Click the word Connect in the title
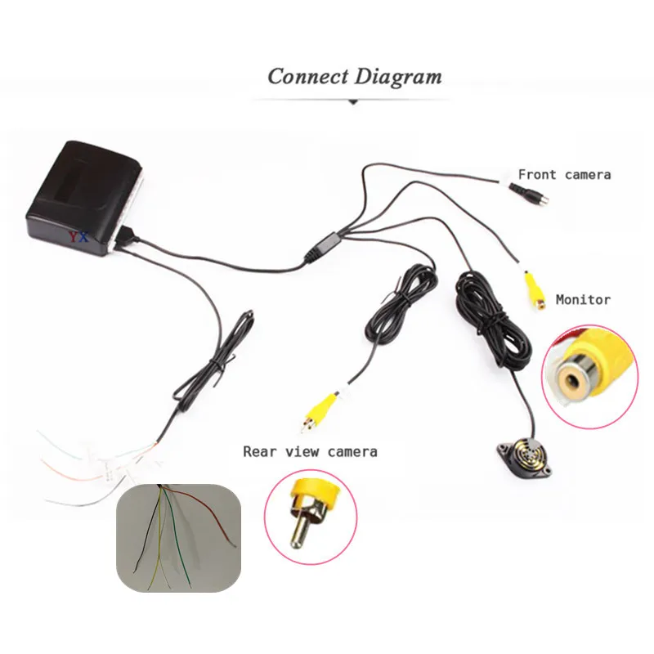pyautogui.click(x=307, y=77)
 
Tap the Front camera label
pyautogui.click(x=564, y=174)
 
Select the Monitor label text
pyautogui.click(x=583, y=299)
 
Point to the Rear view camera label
pyautogui.click(x=310, y=451)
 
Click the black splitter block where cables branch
pyautogui.click(x=325, y=245)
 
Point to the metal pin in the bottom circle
pyautogui.click(x=298, y=528)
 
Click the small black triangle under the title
pyautogui.click(x=353, y=102)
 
